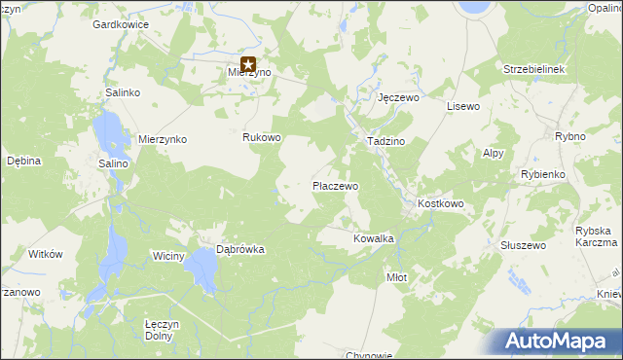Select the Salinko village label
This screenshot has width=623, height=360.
point(124,91)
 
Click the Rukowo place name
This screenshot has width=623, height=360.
point(262,138)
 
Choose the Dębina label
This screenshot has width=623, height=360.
point(23,161)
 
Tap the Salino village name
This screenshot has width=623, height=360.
point(113,163)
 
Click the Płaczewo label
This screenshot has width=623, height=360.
point(335,185)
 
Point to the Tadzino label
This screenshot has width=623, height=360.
point(385,141)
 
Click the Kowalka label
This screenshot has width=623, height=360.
point(373,238)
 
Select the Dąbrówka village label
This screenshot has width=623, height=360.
point(240,249)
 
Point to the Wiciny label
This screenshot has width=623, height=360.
point(168,256)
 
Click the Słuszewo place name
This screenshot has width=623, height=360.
point(522,246)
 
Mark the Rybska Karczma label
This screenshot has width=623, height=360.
point(597,236)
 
